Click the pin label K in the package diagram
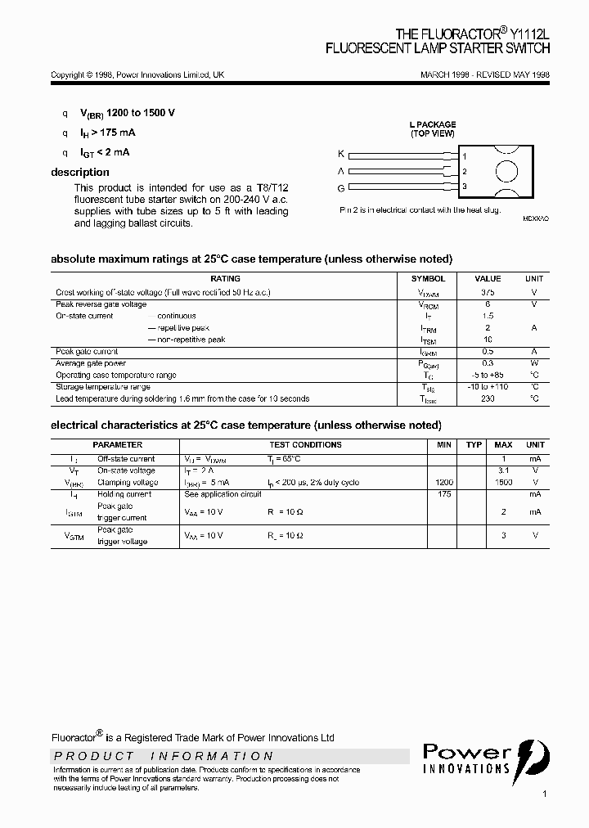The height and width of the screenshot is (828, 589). pos(341,154)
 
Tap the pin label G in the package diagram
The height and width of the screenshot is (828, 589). pos(341,187)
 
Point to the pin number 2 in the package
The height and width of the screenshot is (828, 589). pos(464,172)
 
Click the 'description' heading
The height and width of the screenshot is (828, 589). pos(80,172)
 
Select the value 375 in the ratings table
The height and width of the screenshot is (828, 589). pos(488,292)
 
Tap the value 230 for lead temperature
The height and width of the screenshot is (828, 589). pos(488,398)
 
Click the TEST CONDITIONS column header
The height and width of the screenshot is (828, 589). pos(305,445)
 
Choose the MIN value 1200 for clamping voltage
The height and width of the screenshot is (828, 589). pos(444,483)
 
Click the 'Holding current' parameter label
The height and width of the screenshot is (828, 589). pos(124,494)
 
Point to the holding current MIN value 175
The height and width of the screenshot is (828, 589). pos(444,494)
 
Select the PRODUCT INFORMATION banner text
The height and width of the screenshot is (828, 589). pos(164,756)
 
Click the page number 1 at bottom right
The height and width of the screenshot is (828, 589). pos(544,794)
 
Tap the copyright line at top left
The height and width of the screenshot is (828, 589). pos(137,74)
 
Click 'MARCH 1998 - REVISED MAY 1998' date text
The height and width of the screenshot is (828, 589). pos(484,74)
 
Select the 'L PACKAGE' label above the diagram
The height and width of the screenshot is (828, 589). pos(433,124)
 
